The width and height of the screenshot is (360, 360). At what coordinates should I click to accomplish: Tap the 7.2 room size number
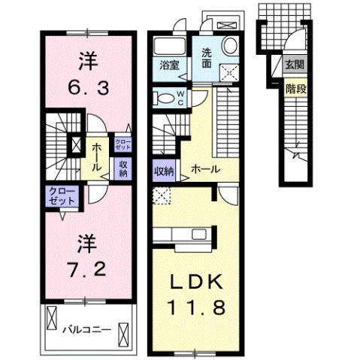[89, 268]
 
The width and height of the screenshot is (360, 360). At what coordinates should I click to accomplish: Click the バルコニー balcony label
[86, 329]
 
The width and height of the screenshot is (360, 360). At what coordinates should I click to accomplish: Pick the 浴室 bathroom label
[168, 65]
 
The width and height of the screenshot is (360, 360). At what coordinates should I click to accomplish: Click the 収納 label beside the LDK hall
[163, 170]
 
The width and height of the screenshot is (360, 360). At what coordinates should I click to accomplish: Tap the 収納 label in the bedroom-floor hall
[123, 168]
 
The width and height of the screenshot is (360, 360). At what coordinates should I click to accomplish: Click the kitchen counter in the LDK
[180, 236]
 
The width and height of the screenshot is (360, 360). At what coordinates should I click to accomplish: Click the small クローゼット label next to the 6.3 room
[123, 142]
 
